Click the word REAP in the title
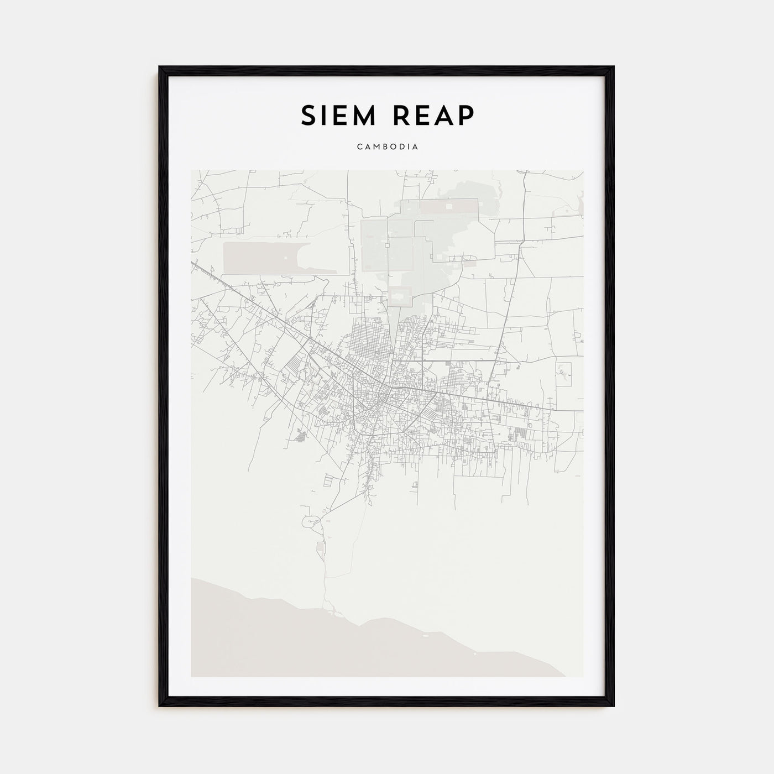tap(435, 115)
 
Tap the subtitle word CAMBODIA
tap(387, 147)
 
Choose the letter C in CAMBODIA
tap(359, 147)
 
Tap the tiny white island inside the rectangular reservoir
tap(285, 258)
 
